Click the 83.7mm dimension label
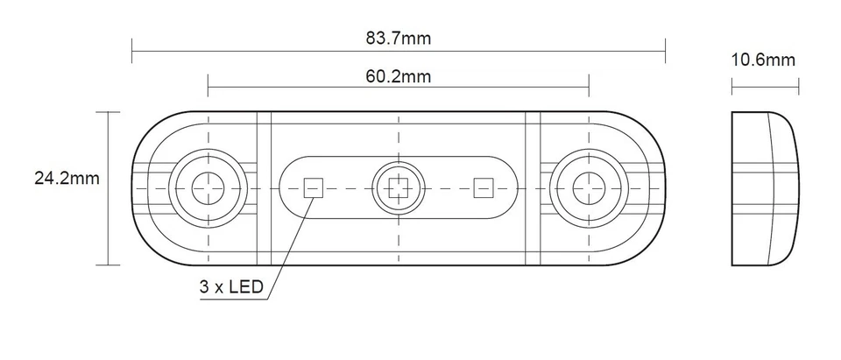[x=399, y=39]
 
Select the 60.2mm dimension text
[x=399, y=76]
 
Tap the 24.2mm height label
[x=67, y=179]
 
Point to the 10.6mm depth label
[x=764, y=60]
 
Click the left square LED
[x=313, y=187]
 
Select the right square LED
[x=484, y=187]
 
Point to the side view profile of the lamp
[x=764, y=187]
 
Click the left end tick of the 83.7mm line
[x=132, y=51]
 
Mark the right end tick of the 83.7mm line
[x=665, y=51]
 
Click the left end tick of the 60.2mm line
[x=208, y=86]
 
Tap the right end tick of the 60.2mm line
[x=589, y=86]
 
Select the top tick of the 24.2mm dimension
[x=109, y=112]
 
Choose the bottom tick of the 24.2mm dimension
[x=109, y=264]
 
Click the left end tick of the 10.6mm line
[x=731, y=86]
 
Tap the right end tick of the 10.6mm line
[x=798, y=86]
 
